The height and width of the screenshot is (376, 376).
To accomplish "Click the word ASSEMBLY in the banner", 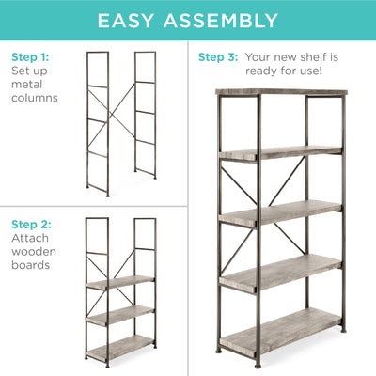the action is click(221, 21).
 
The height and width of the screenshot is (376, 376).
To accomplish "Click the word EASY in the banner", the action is click(126, 21).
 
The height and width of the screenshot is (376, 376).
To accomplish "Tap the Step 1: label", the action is click(30, 57).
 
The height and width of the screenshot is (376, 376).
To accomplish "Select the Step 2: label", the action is click(31, 225).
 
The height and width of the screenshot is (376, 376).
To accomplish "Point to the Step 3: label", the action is click(218, 57).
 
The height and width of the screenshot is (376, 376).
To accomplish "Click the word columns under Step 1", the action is click(35, 98).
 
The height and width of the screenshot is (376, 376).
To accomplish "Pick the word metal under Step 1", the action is click(26, 84).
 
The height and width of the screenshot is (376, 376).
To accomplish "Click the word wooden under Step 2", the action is click(34, 252).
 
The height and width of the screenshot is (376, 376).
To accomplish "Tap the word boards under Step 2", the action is click(30, 265).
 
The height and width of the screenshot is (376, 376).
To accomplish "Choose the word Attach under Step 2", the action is click(30, 238).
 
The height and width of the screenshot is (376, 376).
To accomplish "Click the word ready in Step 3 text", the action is click(261, 71).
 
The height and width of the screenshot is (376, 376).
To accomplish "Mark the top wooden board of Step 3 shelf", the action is click(281, 92).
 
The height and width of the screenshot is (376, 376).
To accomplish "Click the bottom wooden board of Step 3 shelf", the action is click(280, 332).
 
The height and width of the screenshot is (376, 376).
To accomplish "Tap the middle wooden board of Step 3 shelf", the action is click(280, 214).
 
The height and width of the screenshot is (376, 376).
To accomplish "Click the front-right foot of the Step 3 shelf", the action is click(258, 365).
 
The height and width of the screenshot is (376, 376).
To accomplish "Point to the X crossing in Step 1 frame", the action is click(113, 115).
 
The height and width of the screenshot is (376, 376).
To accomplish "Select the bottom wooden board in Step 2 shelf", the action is click(120, 348).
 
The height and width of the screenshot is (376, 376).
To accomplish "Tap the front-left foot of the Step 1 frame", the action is click(108, 195).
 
